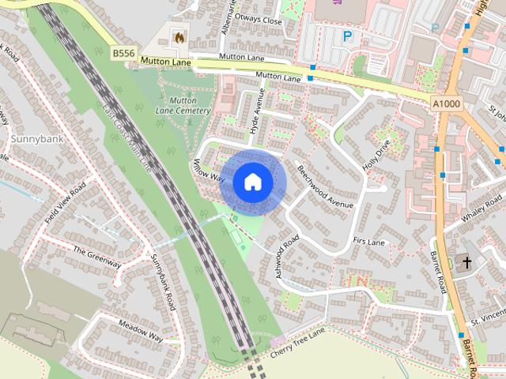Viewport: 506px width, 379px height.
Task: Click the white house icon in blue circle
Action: [x=251, y=182]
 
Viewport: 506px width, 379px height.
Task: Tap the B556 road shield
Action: [x=123, y=54]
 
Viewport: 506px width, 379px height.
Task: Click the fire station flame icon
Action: [x=178, y=36]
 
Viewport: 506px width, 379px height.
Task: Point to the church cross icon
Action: [x=466, y=263]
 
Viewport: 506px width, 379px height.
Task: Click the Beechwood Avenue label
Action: [x=324, y=186]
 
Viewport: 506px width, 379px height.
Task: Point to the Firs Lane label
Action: [x=369, y=240]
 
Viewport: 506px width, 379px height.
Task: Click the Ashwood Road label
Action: [x=288, y=253]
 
